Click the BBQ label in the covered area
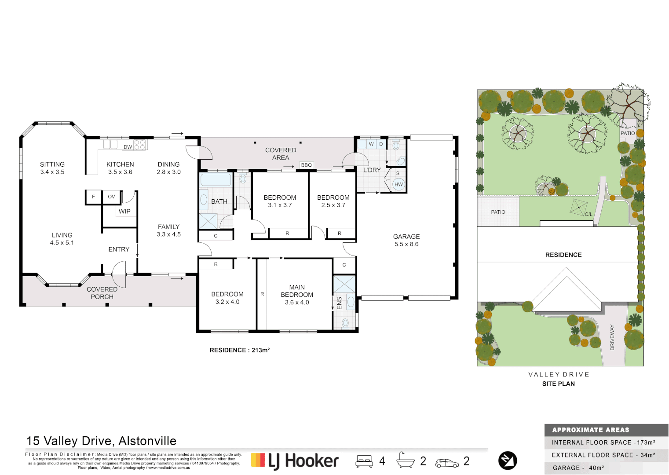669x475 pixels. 306,165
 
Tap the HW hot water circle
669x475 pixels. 398,184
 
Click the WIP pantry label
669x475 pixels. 124,212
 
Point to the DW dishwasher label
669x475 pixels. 128,147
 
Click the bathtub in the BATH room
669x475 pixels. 216,179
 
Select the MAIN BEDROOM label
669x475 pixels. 297,294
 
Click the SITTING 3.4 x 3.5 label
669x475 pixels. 52,168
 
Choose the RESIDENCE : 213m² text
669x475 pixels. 239,350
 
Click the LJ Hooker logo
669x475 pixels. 295,461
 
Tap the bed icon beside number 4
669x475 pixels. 364,461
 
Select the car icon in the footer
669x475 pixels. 446,463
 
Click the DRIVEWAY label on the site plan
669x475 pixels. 612,337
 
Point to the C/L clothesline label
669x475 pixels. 588,214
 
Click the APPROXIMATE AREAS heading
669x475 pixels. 590,430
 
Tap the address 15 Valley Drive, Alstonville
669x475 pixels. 101,441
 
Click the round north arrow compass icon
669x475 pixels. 508,460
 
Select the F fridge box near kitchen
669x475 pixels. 93,197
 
